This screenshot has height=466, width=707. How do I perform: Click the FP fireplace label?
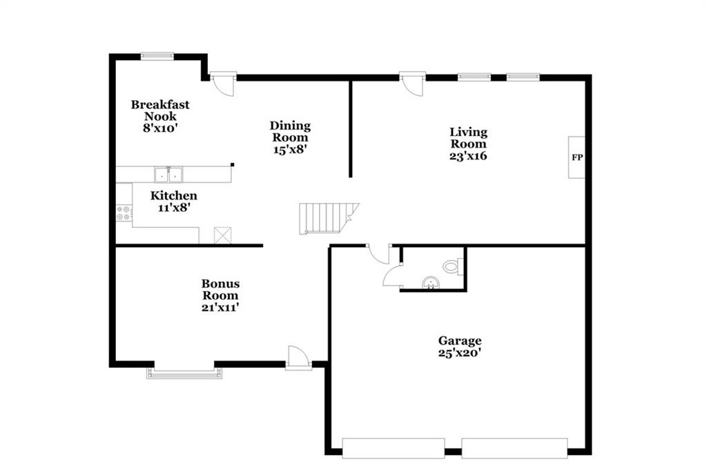(x=577, y=157)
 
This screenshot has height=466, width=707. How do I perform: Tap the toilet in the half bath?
(x=453, y=266)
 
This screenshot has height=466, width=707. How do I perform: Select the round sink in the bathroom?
(x=430, y=283)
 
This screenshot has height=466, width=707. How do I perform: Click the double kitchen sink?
(x=168, y=175)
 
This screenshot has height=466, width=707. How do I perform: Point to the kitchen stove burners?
(x=124, y=213)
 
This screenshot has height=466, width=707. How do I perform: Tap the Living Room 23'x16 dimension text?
(x=468, y=156)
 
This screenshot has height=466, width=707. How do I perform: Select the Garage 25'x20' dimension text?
(x=459, y=352)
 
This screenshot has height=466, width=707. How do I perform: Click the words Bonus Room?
(x=220, y=289)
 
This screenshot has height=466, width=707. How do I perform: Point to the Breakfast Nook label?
(x=160, y=110)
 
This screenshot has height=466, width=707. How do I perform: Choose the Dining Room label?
(x=290, y=131)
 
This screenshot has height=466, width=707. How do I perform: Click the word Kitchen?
(x=173, y=195)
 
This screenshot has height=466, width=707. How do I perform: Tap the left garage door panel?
(x=393, y=448)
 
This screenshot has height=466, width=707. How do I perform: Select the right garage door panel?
(x=514, y=448)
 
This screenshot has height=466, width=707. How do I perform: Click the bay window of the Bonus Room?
(x=184, y=373)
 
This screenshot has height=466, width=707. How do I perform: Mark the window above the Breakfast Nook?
(x=157, y=57)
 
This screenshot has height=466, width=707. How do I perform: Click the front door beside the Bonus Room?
(x=298, y=358)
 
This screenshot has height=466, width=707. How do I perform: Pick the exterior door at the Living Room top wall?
(x=413, y=84)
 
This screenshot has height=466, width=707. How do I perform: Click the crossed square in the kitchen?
(x=222, y=235)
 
